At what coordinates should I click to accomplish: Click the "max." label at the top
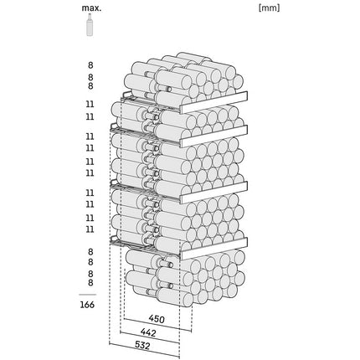pyautogui.click(x=91, y=8)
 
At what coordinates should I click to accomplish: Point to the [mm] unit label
pyautogui.click(x=269, y=8)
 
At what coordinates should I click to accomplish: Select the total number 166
pyautogui.click(x=87, y=305)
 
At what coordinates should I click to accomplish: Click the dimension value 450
pyautogui.click(x=157, y=319)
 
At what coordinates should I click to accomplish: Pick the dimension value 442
pyautogui.click(x=148, y=332)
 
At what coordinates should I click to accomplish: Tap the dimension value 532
pyautogui.click(x=142, y=346)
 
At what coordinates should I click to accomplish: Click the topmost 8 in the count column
pyautogui.click(x=90, y=65)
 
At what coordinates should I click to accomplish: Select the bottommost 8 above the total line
pyautogui.click(x=90, y=283)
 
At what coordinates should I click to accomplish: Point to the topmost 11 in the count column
pyautogui.click(x=90, y=105)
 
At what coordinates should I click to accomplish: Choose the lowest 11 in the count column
pyautogui.click(x=90, y=229)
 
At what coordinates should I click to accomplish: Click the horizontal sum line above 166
pyautogui.click(x=87, y=295)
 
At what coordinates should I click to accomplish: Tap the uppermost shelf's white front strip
pyautogui.click(x=214, y=102)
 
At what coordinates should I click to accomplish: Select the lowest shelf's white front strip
pyautogui.click(x=214, y=249)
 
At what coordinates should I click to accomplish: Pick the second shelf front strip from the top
pyautogui.click(x=214, y=136)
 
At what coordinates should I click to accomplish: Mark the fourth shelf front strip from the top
pyautogui.click(x=214, y=249)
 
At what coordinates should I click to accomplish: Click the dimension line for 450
pyautogui.click(x=157, y=325)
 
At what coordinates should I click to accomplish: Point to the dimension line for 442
pyautogui.click(x=150, y=337)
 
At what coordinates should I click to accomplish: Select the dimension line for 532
pyautogui.click(x=144, y=351)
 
